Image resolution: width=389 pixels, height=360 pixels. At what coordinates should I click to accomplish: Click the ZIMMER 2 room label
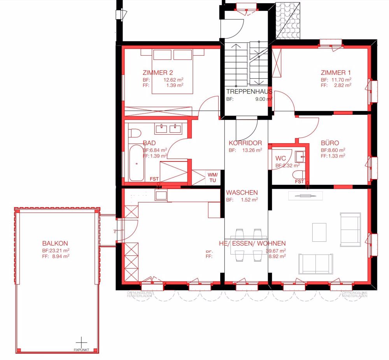tap(158, 72)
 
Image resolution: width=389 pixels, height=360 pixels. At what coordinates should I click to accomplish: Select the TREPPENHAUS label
tap(249, 92)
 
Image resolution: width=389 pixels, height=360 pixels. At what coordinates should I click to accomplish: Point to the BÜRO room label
tap(330, 143)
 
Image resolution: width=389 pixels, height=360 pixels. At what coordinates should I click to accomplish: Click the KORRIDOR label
tap(245, 143)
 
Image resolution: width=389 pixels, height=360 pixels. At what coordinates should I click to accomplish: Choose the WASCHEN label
tap(242, 193)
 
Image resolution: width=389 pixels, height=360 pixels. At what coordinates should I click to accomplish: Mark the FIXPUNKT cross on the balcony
tap(81, 342)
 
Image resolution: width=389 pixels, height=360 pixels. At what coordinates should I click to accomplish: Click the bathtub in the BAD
tap(137, 163)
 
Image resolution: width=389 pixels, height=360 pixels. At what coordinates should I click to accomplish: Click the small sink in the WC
tap(300, 157)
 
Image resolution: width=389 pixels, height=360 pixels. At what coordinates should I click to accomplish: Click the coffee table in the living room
tap(319, 232)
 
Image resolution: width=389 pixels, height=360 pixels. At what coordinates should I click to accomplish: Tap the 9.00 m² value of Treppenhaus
tap(263, 99)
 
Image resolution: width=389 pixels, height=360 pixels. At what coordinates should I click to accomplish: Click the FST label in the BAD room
tap(154, 179)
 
